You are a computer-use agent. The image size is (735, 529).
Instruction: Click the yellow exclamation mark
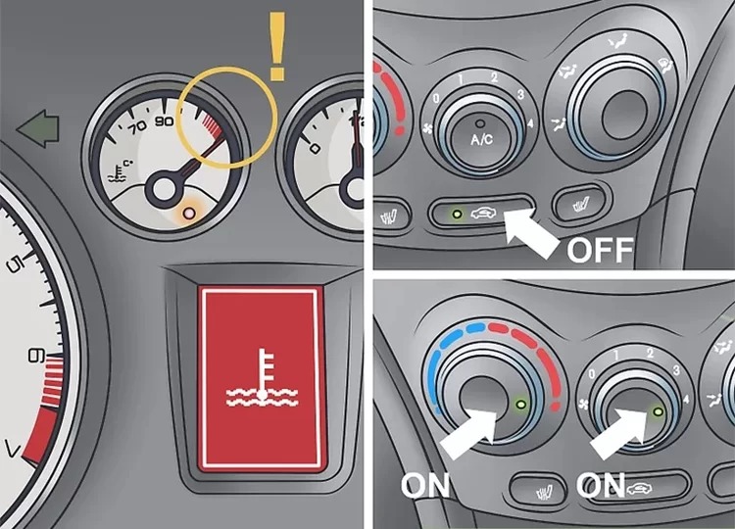pos(277,45)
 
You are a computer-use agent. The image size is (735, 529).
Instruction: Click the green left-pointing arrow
pos(38,128)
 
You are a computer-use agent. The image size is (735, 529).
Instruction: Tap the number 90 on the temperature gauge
pos(165,121)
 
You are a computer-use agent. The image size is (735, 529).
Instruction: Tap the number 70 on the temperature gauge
pos(137,127)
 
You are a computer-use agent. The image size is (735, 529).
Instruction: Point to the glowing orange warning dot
pos(189,214)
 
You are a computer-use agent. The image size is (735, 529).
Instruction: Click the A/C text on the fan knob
pos(482,139)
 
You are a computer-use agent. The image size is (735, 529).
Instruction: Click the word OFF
pos(600,250)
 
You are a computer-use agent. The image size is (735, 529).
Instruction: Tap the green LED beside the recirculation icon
pos(457,215)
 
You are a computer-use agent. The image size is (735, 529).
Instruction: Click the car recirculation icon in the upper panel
pos(483,215)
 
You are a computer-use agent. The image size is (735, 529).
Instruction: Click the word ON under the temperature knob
pos(425,485)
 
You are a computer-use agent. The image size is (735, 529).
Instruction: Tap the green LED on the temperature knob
pos(520,405)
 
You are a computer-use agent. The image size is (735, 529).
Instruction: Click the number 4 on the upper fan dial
pos(529,124)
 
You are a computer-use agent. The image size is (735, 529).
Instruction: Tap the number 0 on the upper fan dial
pos(436,98)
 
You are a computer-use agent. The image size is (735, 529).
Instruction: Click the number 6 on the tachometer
pos(36,357)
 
